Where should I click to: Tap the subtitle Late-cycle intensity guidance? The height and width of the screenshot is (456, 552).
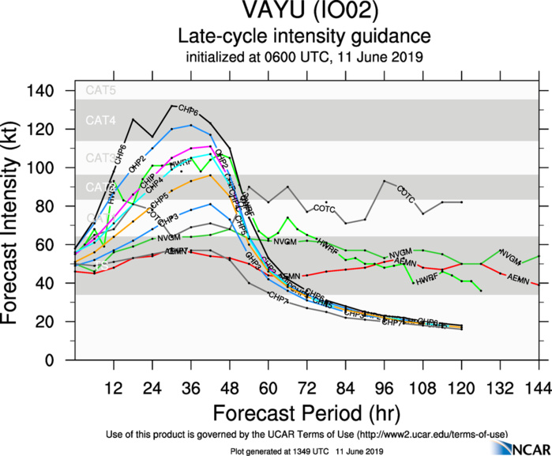304,36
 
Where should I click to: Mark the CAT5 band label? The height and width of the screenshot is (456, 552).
101,91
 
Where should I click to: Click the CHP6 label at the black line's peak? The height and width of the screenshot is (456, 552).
188,109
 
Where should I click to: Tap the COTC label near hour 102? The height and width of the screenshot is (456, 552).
406,192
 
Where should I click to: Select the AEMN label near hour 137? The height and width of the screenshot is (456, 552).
518,278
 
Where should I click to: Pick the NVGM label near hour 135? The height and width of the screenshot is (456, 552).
511,258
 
